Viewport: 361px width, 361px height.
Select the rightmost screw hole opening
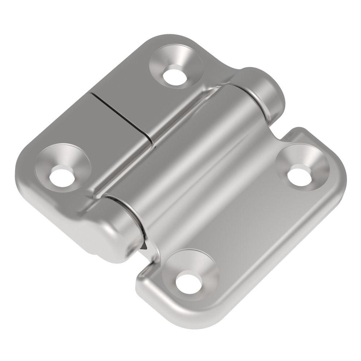click(x=300, y=175)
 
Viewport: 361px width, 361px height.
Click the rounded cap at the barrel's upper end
click(x=265, y=90)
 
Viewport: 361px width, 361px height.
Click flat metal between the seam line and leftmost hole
click(x=94, y=144)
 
